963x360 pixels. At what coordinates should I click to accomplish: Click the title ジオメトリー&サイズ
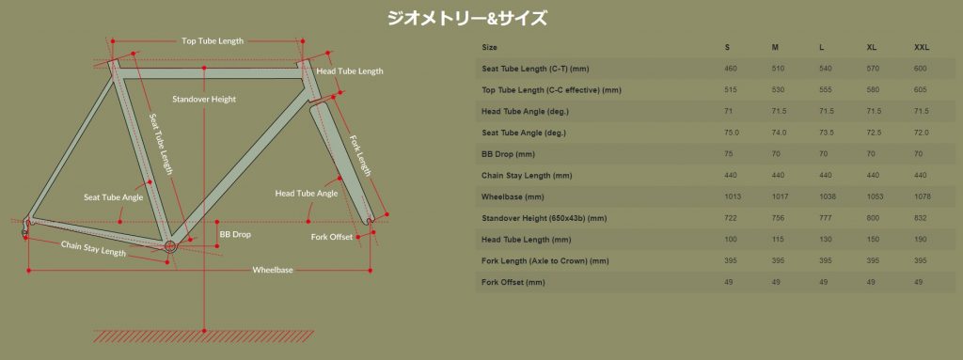tap(466, 18)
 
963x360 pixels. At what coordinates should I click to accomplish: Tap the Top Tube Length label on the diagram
tap(213, 41)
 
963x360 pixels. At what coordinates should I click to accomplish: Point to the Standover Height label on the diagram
tap(204, 99)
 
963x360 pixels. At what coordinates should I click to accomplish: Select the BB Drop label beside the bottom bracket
tap(235, 234)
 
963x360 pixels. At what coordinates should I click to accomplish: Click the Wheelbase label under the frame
tap(272, 271)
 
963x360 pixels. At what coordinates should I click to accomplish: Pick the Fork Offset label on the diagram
tap(332, 237)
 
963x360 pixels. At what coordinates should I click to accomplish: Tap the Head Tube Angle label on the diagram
tap(307, 193)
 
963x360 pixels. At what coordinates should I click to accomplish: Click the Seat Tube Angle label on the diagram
tap(114, 197)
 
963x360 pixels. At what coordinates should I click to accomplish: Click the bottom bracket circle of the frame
tap(170, 246)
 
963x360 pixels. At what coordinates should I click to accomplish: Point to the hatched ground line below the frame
tap(204, 336)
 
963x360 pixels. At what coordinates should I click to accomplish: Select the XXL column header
tap(922, 47)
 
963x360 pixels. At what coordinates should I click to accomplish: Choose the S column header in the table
tap(728, 47)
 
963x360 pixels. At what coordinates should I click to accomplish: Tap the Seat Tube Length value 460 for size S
tap(731, 69)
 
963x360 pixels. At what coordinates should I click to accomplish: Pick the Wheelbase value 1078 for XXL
tap(923, 196)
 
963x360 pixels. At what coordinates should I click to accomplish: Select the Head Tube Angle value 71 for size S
tap(729, 111)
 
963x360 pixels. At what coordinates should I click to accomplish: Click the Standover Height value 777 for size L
tap(826, 218)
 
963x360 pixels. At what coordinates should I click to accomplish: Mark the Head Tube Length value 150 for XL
tap(873, 240)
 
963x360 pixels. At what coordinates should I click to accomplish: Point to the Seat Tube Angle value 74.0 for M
tap(780, 133)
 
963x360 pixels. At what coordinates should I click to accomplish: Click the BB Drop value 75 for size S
tap(729, 153)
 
